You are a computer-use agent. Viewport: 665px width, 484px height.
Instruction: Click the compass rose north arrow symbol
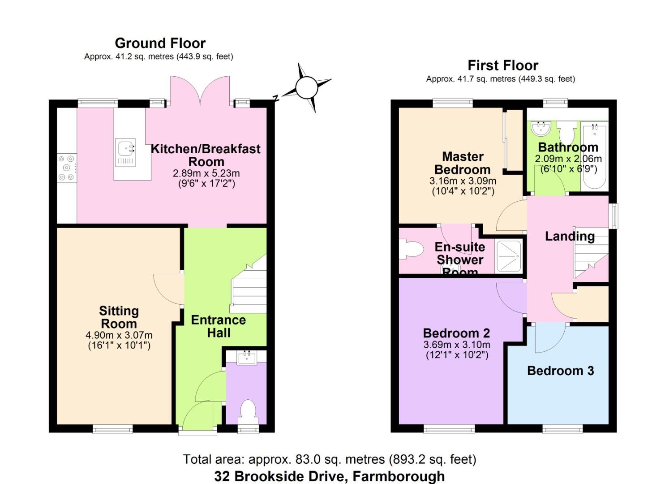307,87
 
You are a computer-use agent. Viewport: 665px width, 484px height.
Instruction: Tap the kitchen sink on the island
126,152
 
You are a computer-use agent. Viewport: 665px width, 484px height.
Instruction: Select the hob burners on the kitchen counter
67,168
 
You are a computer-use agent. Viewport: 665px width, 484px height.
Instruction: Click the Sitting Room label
119,317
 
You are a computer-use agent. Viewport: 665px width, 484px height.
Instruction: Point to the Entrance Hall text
218,326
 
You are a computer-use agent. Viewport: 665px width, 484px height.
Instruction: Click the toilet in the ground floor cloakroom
248,410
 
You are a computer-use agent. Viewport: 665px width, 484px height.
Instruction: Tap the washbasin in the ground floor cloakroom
246,358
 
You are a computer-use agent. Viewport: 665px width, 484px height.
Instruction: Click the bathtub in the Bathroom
594,157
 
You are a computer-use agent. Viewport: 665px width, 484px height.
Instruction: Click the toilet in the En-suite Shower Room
412,250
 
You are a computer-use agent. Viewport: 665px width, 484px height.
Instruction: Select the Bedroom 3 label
560,371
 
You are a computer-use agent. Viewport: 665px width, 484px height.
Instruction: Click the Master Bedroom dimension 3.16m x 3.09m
463,181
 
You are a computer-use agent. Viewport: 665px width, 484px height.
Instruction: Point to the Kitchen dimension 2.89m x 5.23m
206,173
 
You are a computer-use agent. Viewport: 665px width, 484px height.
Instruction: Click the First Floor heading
502,65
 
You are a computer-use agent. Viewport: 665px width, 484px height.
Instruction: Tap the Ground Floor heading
160,43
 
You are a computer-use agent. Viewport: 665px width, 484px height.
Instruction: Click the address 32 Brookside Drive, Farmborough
329,476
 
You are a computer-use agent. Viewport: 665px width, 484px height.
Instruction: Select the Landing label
570,236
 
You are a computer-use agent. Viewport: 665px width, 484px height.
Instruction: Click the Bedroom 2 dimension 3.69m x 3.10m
456,345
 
